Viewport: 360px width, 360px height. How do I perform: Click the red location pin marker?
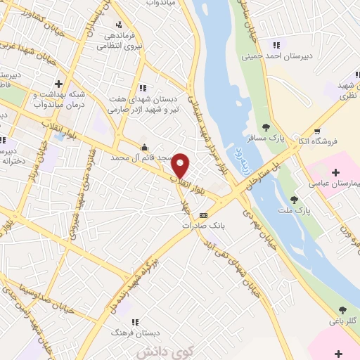pos(181,166)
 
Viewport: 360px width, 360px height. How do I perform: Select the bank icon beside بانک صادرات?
pos(203,215)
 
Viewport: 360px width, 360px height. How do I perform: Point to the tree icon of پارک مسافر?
pos(266,127)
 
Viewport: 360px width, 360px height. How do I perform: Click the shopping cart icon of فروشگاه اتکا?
pos(317,131)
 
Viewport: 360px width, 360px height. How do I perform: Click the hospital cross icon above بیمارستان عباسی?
pos(335,172)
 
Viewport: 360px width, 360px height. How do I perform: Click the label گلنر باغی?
pos(343,321)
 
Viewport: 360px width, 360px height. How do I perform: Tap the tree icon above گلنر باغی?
pos(342,309)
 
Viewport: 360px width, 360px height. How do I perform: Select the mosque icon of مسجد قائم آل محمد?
pos(145,148)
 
